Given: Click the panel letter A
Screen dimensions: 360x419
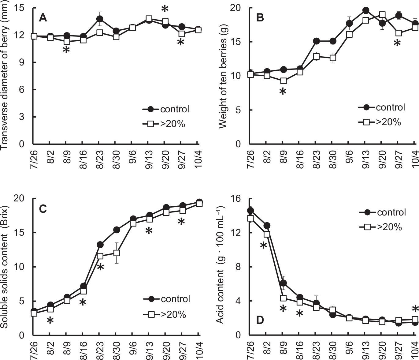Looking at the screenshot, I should tap(43, 18).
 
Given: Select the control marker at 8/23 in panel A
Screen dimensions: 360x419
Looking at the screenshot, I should tap(99, 19).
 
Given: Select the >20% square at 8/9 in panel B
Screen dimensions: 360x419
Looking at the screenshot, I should tap(284, 81).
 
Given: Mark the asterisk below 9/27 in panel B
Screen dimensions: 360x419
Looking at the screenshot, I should tap(397, 44).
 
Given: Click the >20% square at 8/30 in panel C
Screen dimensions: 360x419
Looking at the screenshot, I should tap(116, 253).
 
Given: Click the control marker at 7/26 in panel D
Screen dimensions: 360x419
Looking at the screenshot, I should tap(250, 211).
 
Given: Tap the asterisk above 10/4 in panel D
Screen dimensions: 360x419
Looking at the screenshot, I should tap(415, 309).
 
